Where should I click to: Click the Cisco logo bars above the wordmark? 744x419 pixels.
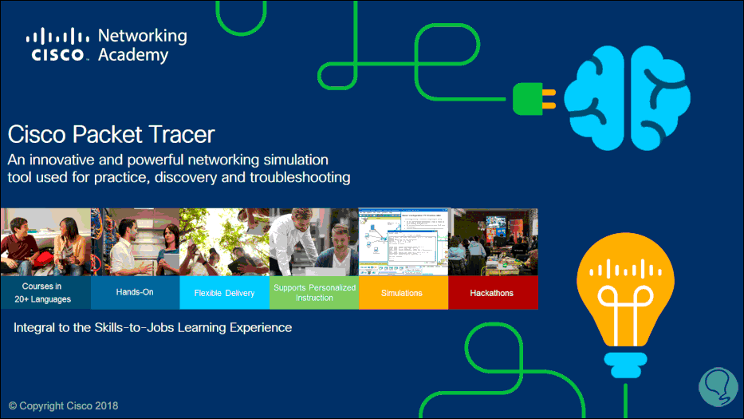pos(57,36)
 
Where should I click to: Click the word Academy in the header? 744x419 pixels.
pos(133,55)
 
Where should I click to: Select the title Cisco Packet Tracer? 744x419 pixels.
pos(111,134)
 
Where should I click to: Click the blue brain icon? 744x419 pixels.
pos(628,98)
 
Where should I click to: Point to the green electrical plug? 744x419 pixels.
pos(533,99)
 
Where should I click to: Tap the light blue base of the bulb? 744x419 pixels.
pos(625,365)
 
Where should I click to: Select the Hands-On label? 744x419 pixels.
pos(135,292)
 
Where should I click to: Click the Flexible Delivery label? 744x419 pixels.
pos(224,293)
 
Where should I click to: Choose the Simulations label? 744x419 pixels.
pos(401,293)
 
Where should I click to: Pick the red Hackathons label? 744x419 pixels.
pos(491,293)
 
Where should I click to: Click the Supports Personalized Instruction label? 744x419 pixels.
pos(315,293)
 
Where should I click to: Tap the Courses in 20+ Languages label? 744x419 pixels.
pos(42,293)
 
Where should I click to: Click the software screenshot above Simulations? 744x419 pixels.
pos(403,242)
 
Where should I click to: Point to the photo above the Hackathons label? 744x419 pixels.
pos(494,242)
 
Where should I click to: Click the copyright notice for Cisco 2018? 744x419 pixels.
pos(64,405)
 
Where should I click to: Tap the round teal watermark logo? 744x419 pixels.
pos(718,387)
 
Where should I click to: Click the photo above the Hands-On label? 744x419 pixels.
pos(136,242)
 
